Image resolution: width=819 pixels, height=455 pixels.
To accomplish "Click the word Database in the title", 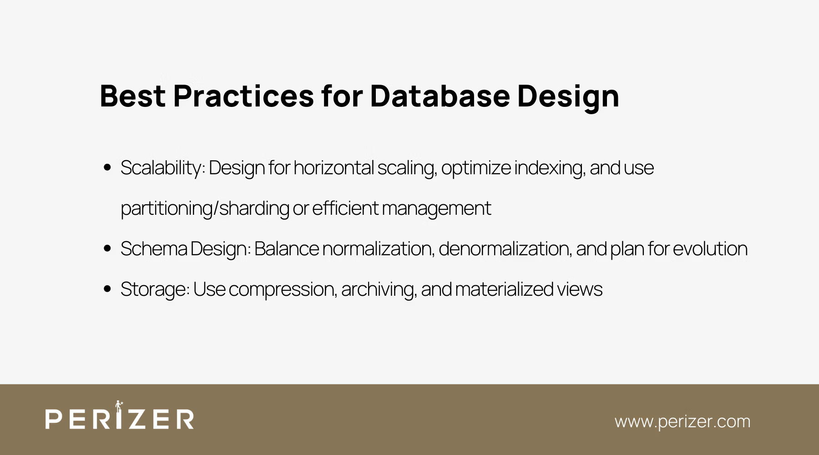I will click(x=440, y=96).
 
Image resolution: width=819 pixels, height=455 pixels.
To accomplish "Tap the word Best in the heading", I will click(x=132, y=96).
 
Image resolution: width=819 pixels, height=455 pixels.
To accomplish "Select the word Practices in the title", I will click(x=243, y=96).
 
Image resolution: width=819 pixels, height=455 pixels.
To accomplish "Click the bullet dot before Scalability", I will click(x=107, y=167).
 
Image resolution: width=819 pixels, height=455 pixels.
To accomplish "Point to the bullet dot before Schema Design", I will click(x=107, y=248).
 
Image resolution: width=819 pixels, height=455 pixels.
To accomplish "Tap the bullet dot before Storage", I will click(x=107, y=289).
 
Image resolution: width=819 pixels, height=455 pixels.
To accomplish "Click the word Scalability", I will click(x=162, y=168).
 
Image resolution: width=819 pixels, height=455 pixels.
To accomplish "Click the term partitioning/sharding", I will click(x=205, y=208).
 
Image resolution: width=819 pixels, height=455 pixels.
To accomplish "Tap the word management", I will click(x=436, y=208).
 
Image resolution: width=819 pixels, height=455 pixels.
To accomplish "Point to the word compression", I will click(x=283, y=289).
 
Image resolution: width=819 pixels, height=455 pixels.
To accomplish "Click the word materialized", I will click(x=504, y=289).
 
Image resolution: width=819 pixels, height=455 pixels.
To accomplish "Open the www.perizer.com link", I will click(x=682, y=421).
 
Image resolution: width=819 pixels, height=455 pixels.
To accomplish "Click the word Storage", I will click(x=154, y=289).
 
